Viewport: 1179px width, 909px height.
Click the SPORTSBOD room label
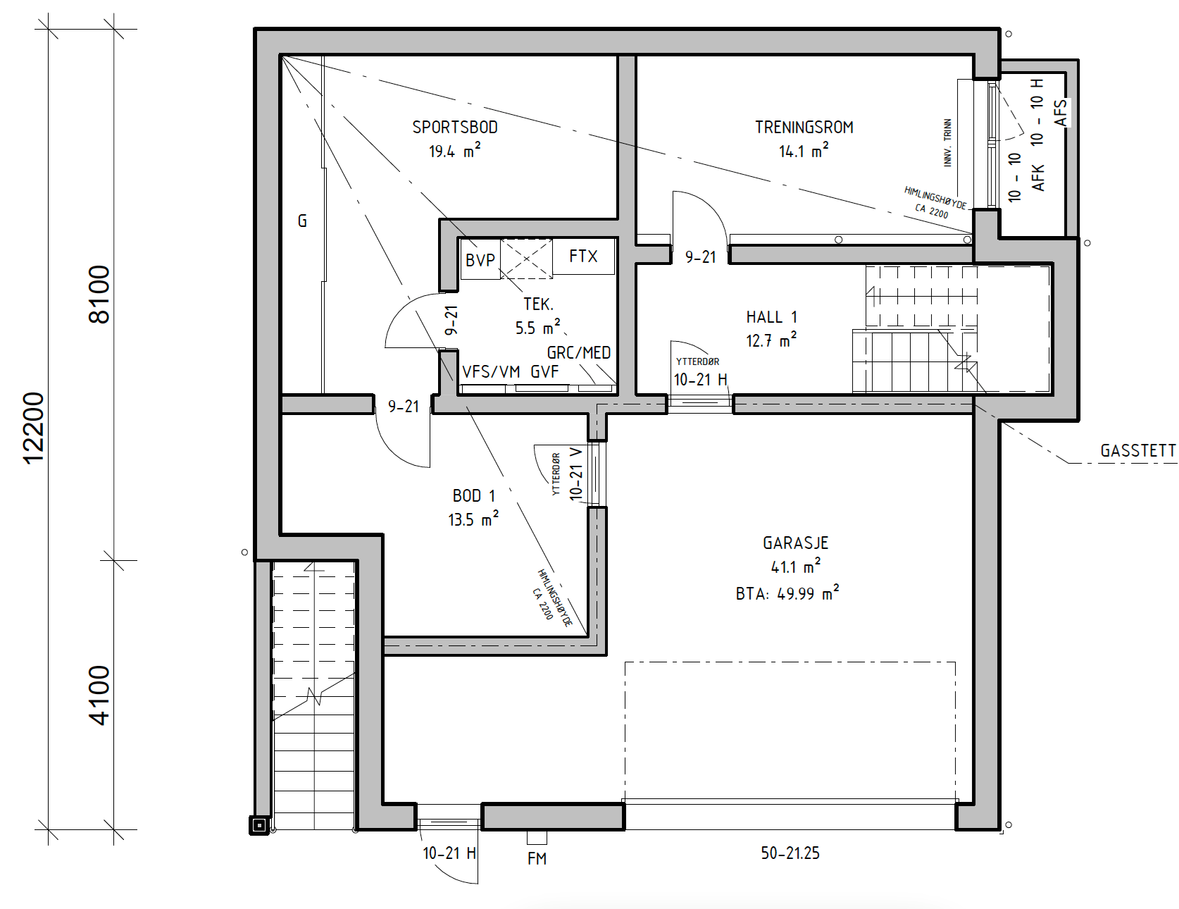(455, 128)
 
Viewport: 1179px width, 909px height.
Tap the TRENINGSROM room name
(804, 128)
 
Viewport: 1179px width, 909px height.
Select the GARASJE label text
(796, 543)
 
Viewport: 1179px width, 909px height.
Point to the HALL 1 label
(772, 317)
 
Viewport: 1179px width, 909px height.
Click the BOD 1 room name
(474, 496)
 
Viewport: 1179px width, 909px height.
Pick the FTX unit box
(584, 256)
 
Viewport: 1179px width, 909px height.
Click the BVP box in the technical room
(480, 260)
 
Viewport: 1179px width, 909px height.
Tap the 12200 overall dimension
(34, 428)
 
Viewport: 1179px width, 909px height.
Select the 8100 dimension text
(99, 294)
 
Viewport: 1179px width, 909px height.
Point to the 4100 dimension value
(99, 695)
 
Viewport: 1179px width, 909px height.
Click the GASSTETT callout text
(1138, 451)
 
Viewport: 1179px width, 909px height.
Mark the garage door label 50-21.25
(790, 853)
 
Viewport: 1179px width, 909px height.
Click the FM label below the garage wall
(537, 858)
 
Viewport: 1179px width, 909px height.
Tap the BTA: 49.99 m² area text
(787, 593)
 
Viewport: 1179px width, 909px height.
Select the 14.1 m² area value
(804, 151)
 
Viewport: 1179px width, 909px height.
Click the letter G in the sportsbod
(303, 221)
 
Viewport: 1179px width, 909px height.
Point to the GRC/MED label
(579, 353)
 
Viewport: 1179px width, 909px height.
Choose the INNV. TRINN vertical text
(947, 143)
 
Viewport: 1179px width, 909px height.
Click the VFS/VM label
(491, 372)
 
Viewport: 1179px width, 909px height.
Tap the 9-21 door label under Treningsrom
(701, 258)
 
